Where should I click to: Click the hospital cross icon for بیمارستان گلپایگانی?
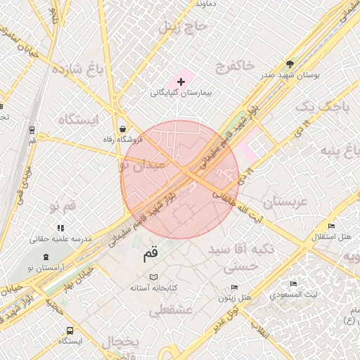(181, 82)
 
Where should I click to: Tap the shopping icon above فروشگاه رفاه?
(124, 129)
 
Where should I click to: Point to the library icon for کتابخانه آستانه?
(154, 277)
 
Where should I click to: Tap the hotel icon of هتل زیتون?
(235, 288)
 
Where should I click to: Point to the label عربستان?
(284, 202)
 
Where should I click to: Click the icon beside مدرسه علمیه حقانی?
(60, 228)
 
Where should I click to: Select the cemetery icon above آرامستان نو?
(46, 256)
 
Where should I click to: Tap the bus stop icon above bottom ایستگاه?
(70, 330)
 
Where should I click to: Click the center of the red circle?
(180, 179)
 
